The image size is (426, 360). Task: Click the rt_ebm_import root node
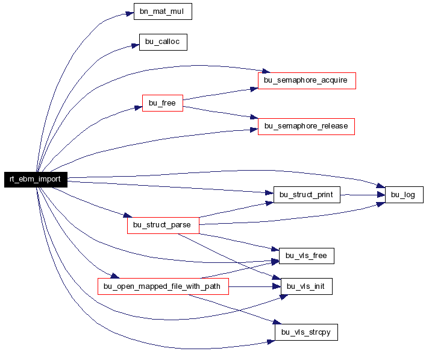point(36,180)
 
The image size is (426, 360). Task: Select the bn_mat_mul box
point(163,11)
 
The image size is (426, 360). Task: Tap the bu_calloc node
point(163,42)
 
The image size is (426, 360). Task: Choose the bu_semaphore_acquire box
point(307,81)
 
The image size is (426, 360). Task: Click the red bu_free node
point(163,103)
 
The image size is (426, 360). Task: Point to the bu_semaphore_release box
point(306,127)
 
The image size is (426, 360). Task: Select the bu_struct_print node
point(307,195)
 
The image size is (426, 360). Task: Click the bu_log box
point(404,195)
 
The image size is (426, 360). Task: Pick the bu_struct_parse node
point(163,226)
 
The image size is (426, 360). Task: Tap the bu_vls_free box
point(307,256)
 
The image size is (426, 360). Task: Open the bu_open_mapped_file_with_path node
point(163,286)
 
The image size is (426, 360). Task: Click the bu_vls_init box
point(307,286)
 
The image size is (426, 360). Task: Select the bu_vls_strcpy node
point(306,332)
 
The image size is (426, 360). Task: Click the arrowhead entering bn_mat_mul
point(130,14)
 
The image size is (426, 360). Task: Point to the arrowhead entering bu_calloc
point(136,45)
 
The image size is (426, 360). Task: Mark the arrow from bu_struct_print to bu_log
point(362,195)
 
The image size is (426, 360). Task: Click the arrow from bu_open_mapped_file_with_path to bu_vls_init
point(254,286)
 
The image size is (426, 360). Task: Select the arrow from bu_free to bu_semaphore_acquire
point(221,94)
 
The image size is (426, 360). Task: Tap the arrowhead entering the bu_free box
point(139,108)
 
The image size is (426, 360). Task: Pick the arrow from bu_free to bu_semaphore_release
point(221,112)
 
